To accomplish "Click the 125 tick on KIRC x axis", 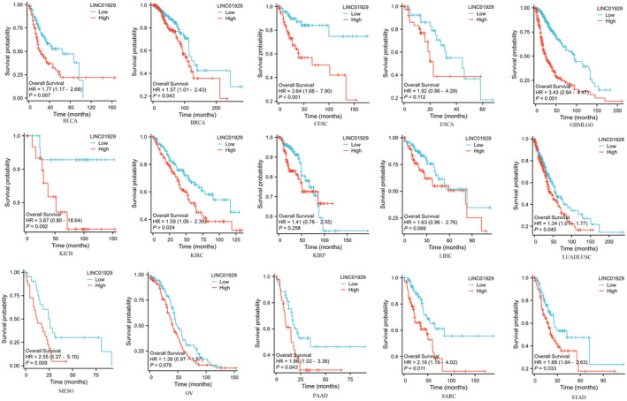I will coord(234,238).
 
